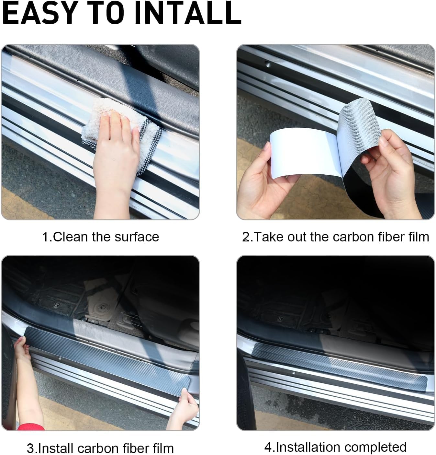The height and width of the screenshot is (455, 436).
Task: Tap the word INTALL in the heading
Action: pyautogui.click(x=188, y=13)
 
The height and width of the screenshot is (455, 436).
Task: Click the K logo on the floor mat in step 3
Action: pyautogui.click(x=56, y=305)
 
